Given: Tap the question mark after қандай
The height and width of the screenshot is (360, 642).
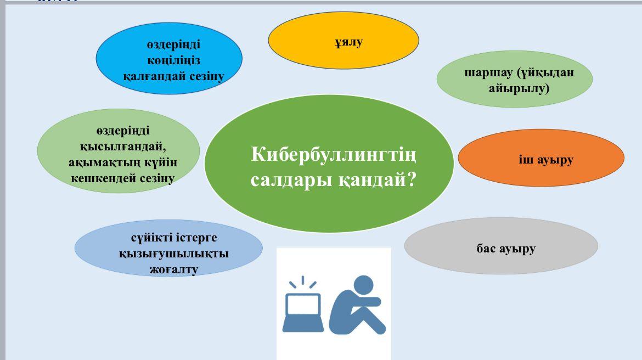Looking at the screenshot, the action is click(x=410, y=179).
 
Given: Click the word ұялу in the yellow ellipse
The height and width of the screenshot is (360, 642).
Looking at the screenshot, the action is click(x=348, y=42).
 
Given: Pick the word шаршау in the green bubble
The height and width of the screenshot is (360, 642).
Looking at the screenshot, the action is click(x=488, y=73).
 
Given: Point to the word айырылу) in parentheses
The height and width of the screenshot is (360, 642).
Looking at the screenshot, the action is click(x=519, y=88).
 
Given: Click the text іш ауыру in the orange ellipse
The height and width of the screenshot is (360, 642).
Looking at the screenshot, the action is click(x=546, y=160).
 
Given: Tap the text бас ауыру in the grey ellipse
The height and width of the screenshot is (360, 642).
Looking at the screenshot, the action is click(x=506, y=249).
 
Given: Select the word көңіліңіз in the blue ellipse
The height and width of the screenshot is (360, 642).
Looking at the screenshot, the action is click(x=173, y=60).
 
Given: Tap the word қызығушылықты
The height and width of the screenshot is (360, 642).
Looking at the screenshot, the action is click(x=174, y=254).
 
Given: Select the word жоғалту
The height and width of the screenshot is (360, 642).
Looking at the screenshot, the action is click(x=174, y=270).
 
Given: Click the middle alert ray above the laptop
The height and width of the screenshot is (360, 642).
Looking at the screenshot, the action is click(x=303, y=280).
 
